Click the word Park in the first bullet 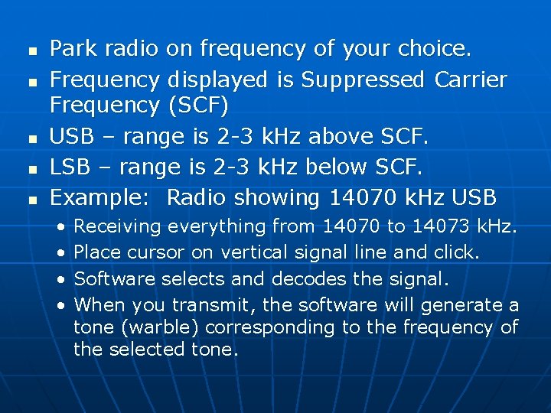point(72,49)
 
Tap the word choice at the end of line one point(435,49)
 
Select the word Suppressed point(363,80)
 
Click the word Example point(104,197)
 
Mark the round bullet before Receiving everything point(60,227)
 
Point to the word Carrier point(470,80)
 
